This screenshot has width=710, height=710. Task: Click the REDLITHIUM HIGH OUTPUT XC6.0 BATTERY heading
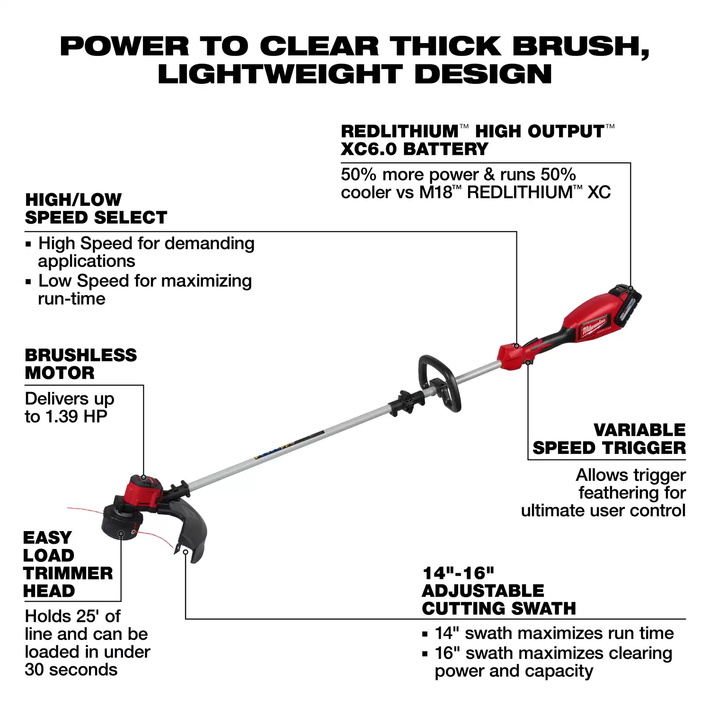[478, 140]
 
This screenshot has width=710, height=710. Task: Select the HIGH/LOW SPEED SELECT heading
[96, 208]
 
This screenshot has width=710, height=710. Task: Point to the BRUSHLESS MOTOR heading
[81, 364]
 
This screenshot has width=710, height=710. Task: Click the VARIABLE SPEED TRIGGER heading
[609, 439]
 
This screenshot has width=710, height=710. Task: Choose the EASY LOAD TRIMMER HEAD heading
[68, 564]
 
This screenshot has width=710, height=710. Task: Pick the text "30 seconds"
[71, 670]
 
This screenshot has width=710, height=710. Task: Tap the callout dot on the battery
[630, 288]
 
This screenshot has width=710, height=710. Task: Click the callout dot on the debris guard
[186, 552]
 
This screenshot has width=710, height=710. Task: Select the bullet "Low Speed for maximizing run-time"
[139, 290]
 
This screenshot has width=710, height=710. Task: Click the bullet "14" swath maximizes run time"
[548, 633]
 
